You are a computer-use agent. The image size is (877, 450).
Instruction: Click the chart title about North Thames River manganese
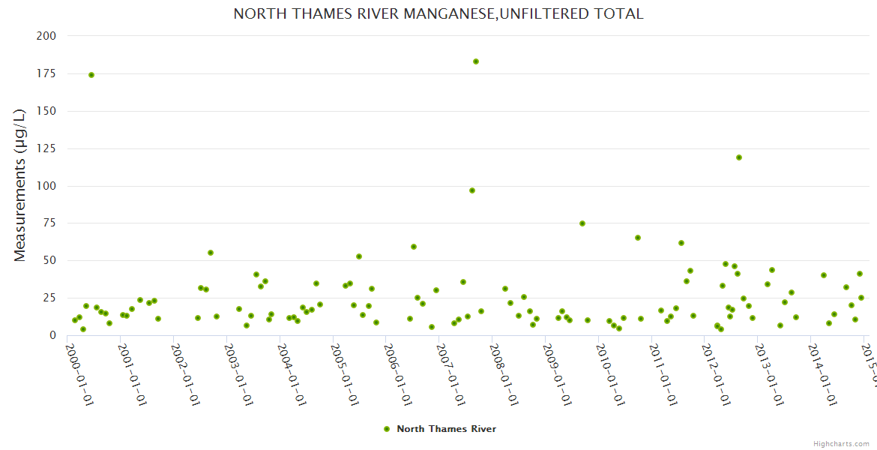click(438, 14)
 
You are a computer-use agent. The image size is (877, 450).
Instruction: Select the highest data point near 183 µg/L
click(476, 61)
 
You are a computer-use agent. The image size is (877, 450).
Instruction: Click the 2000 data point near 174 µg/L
click(91, 75)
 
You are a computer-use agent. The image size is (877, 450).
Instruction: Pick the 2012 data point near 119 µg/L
click(739, 157)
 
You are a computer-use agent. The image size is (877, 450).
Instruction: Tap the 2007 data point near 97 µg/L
click(472, 190)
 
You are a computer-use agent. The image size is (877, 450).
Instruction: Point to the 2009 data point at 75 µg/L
click(582, 223)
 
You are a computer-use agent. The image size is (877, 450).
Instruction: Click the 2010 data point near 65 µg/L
click(638, 238)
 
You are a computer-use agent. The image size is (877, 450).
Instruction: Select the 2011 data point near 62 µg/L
click(681, 243)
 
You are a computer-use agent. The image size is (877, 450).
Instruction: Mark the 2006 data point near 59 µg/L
click(414, 247)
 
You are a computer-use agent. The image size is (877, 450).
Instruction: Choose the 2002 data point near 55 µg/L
click(211, 253)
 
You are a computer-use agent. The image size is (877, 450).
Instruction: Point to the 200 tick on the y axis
click(46, 36)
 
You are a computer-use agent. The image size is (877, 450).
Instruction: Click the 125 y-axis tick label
click(46, 148)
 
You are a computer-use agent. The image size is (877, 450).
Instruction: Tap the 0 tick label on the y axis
click(52, 335)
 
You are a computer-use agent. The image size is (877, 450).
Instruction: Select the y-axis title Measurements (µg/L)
click(20, 185)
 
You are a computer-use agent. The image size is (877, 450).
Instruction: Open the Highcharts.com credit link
click(841, 444)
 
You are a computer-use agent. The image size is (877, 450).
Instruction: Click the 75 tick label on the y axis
click(49, 223)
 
